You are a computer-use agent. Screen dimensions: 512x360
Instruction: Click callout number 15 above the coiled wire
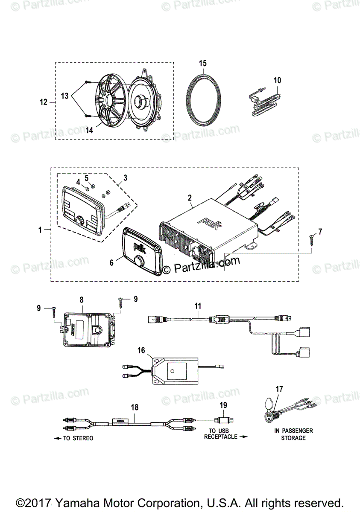click(x=202, y=63)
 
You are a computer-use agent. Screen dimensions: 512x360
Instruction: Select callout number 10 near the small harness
click(x=278, y=80)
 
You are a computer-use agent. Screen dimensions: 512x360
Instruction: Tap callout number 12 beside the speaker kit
click(x=44, y=102)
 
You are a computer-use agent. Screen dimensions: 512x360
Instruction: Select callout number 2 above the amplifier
click(x=190, y=198)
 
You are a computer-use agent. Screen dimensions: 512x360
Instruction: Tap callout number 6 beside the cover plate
click(x=112, y=262)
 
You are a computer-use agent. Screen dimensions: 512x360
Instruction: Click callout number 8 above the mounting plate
click(x=81, y=300)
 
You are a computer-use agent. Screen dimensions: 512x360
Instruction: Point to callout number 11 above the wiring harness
click(x=197, y=306)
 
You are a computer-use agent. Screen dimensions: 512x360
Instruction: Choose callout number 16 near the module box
click(x=141, y=350)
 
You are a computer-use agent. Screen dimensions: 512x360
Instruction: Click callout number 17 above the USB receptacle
click(x=279, y=389)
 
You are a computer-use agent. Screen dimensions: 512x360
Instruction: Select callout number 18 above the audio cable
click(x=135, y=407)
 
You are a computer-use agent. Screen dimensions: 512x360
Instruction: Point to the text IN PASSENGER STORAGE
click(x=293, y=434)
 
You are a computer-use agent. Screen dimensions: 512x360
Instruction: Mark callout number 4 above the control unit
click(x=78, y=181)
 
